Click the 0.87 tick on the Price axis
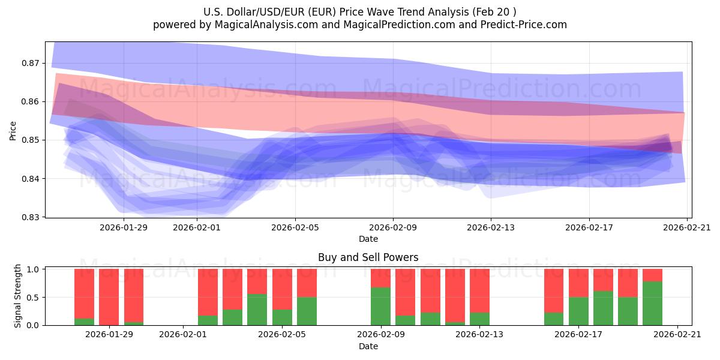pyautogui.click(x=31, y=63)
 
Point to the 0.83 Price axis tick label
pyautogui.click(x=31, y=217)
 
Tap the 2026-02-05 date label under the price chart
pyautogui.click(x=295, y=227)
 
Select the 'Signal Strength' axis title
pyautogui.click(x=18, y=296)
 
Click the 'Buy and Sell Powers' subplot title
pyautogui.click(x=368, y=257)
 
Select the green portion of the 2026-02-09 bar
pyautogui.click(x=380, y=306)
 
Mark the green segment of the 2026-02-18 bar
pyautogui.click(x=603, y=308)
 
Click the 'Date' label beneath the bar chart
pyautogui.click(x=368, y=346)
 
